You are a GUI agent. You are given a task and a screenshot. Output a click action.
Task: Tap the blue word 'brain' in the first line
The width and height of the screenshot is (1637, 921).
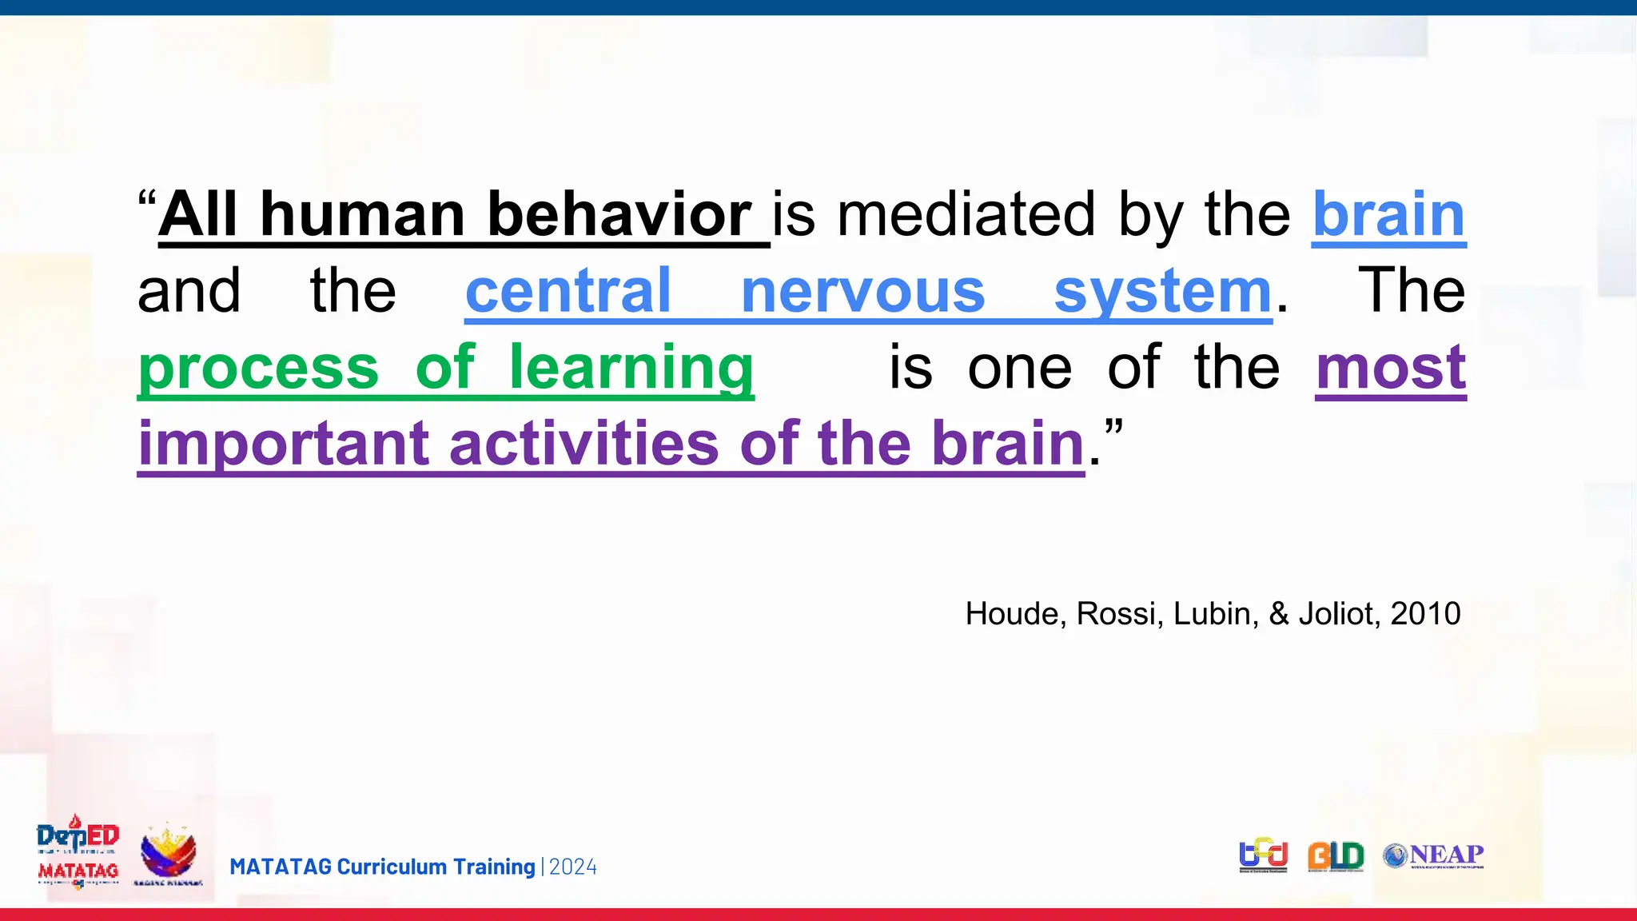point(1388,214)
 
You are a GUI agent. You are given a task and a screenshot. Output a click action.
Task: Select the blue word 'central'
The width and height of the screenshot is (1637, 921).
point(568,291)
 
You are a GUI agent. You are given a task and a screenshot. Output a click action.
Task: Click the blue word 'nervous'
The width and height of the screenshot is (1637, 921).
point(862,291)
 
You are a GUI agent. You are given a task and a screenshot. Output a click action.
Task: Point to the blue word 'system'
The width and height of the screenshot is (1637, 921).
point(1162,293)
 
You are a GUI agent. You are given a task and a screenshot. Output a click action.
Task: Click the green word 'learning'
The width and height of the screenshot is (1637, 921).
point(631,368)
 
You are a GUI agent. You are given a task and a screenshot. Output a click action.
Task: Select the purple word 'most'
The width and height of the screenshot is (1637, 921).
point(1391,368)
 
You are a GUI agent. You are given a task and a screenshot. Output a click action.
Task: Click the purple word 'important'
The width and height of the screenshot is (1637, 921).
point(284,445)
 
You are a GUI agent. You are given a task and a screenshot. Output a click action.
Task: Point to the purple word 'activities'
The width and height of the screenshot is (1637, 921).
point(584,443)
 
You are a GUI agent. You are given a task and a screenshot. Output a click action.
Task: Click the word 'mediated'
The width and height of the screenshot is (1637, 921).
point(966,214)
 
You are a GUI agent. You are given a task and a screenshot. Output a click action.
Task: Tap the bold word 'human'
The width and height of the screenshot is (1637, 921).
point(363,214)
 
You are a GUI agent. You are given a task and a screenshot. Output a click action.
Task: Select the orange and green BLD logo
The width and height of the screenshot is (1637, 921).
point(1335,856)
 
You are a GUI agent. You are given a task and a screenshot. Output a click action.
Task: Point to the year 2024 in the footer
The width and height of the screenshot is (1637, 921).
point(573,867)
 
